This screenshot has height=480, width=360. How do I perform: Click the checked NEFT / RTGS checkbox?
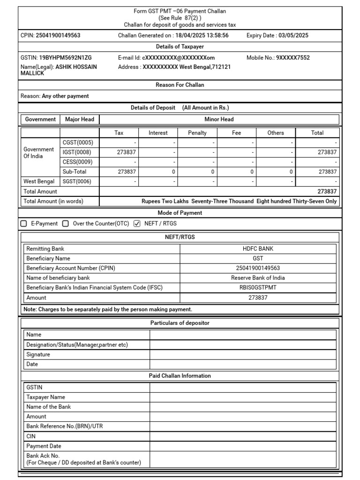click(137, 224)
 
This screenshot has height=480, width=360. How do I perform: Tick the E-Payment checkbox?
click(24, 224)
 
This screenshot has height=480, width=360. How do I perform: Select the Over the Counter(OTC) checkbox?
click(66, 224)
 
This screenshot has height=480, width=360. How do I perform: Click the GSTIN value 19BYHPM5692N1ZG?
click(65, 58)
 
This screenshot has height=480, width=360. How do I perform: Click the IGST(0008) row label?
click(77, 152)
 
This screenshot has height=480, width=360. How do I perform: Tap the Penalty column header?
click(197, 133)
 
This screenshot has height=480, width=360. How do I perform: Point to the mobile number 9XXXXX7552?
click(292, 58)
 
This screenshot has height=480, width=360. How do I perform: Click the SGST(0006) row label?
click(77, 181)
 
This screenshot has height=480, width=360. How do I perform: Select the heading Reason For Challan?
click(180, 85)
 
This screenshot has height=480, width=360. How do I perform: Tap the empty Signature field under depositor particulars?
click(243, 354)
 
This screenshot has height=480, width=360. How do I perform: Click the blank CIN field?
click(243, 436)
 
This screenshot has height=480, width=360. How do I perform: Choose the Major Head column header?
click(79, 120)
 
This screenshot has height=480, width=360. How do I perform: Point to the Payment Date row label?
click(44, 446)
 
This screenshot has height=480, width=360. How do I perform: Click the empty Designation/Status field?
click(243, 345)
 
